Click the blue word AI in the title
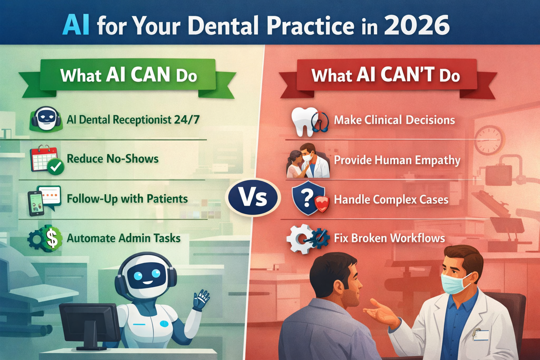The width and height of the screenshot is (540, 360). point(76,25)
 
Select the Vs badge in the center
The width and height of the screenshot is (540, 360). point(253,198)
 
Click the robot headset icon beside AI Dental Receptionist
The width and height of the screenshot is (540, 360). point(46,119)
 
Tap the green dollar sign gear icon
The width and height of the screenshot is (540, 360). point(45,238)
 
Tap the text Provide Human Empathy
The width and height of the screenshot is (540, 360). point(397,160)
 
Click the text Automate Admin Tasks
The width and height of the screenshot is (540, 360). point(123,238)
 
